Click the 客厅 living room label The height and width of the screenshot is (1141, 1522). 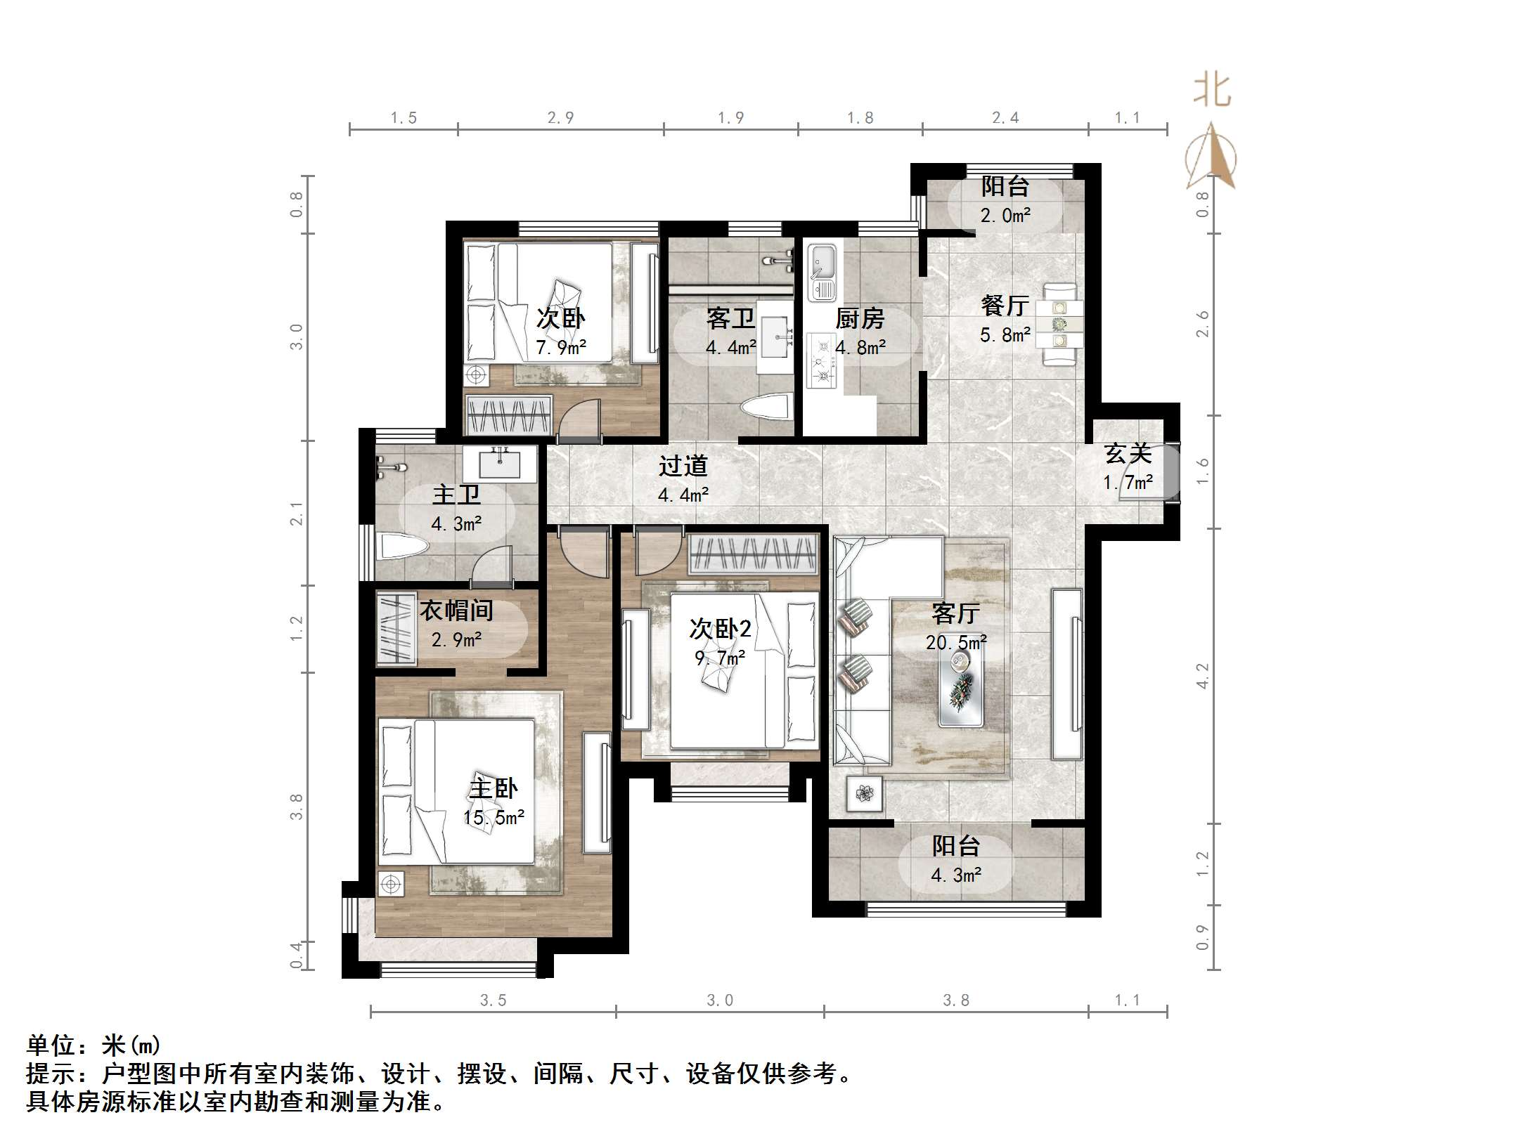coord(955,613)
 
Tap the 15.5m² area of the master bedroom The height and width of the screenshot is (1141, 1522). coord(494,818)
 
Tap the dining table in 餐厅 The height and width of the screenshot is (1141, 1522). coord(1059,324)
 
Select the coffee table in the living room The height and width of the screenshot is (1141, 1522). coord(960,684)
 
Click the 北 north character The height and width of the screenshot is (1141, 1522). coord(1212,91)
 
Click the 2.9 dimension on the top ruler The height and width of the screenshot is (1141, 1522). coord(560,118)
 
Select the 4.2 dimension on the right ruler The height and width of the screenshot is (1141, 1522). coord(1203,675)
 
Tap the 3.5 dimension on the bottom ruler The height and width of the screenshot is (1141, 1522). coord(493,1000)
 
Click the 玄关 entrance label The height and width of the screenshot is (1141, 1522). coord(1128,453)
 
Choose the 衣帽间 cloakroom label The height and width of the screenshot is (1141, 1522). coord(456,610)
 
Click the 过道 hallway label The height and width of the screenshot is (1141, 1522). coord(683,466)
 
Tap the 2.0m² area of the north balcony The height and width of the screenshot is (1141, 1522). coord(1005,216)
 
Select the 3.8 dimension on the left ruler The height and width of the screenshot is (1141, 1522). coord(296,806)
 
